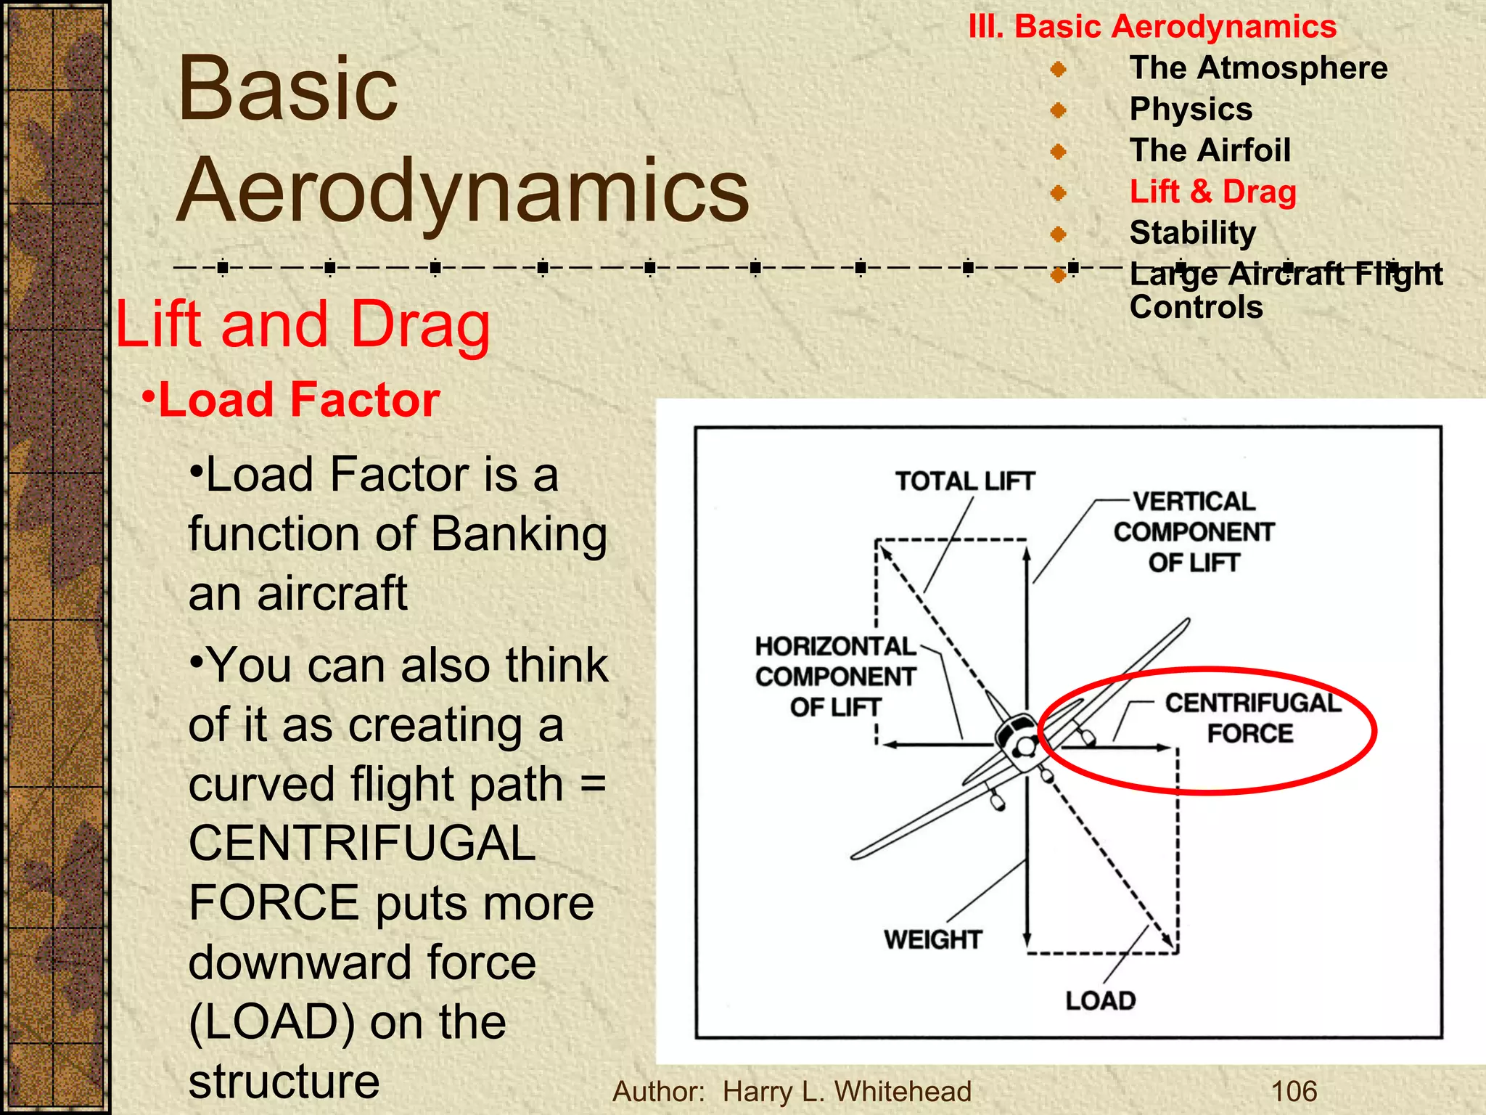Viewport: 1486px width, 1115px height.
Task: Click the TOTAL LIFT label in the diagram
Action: pos(964,481)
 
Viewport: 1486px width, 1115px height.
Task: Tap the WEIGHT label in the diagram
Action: pos(932,939)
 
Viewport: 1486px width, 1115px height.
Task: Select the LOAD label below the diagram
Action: pos(1100,1000)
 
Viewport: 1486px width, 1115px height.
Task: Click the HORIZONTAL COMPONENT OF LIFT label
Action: pos(835,677)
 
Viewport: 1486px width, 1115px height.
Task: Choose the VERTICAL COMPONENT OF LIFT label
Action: pos(1194,532)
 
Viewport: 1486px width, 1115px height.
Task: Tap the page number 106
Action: pos(1294,1091)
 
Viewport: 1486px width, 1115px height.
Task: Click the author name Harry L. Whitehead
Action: pos(847,1091)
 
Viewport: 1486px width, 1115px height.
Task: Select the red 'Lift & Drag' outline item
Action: pos(1212,192)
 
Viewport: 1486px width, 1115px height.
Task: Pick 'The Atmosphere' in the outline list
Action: pos(1258,68)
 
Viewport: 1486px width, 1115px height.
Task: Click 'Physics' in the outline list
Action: pos(1191,109)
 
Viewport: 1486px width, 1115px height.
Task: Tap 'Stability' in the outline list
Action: pos(1192,233)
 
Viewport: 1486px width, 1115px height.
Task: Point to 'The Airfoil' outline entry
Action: pos(1210,150)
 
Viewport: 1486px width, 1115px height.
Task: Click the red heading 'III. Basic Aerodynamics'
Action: pos(1152,27)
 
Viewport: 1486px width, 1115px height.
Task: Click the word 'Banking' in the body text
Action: pos(519,535)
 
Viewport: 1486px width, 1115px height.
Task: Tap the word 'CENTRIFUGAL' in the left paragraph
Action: pos(362,844)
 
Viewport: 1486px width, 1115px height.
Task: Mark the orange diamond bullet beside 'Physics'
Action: pos(1059,110)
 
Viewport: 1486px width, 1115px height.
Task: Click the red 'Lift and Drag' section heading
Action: pos(303,324)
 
